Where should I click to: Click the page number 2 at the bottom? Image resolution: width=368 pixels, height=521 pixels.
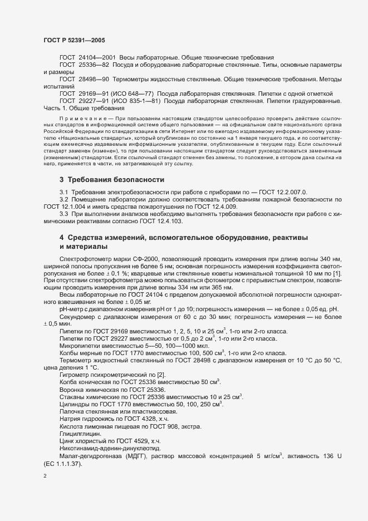[x=45, y=476]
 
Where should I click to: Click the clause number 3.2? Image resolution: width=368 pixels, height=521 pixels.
[x=63, y=199]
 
